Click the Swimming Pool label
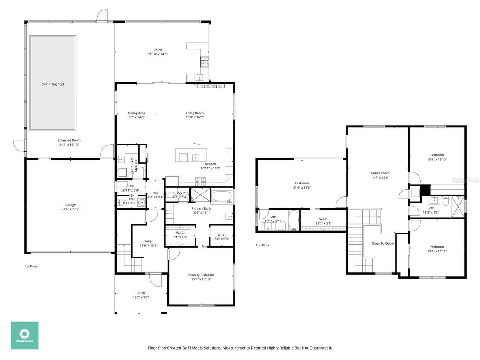click(52, 84)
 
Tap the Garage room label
click(70, 205)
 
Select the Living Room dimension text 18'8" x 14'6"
click(195, 117)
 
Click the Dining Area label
click(136, 113)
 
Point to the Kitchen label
click(210, 164)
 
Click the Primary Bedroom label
click(201, 275)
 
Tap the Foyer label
click(148, 241)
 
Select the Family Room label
click(380, 173)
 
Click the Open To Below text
click(382, 243)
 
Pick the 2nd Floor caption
click(262, 245)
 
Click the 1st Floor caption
click(31, 266)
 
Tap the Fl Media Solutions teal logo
click(24, 335)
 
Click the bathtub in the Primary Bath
click(223, 196)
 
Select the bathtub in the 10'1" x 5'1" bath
click(293, 220)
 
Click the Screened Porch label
click(69, 141)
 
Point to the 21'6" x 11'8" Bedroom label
click(302, 183)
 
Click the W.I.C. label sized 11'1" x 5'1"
click(323, 219)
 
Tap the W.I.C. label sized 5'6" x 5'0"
click(221, 235)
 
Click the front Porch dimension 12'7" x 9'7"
click(141, 297)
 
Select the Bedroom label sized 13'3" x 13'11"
click(437, 247)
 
